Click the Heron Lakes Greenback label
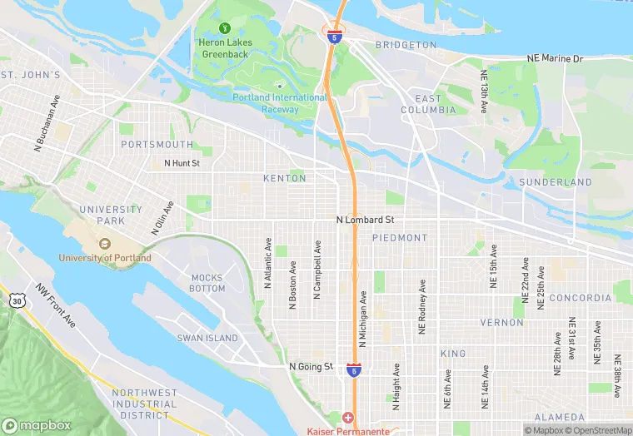[224, 48]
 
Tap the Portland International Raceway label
[279, 103]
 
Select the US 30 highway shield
[17, 301]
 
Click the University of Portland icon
[105, 244]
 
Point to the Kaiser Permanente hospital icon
[347, 417]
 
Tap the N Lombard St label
[365, 220]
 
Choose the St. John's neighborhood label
[31, 75]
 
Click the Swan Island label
[207, 338]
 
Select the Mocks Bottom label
[207, 283]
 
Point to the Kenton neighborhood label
[284, 178]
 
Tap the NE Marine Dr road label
[556, 58]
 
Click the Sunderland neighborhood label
[555, 181]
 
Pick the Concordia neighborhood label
[580, 297]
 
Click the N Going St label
[311, 366]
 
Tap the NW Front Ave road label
[55, 305]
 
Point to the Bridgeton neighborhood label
[406, 44]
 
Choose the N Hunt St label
[182, 164]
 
